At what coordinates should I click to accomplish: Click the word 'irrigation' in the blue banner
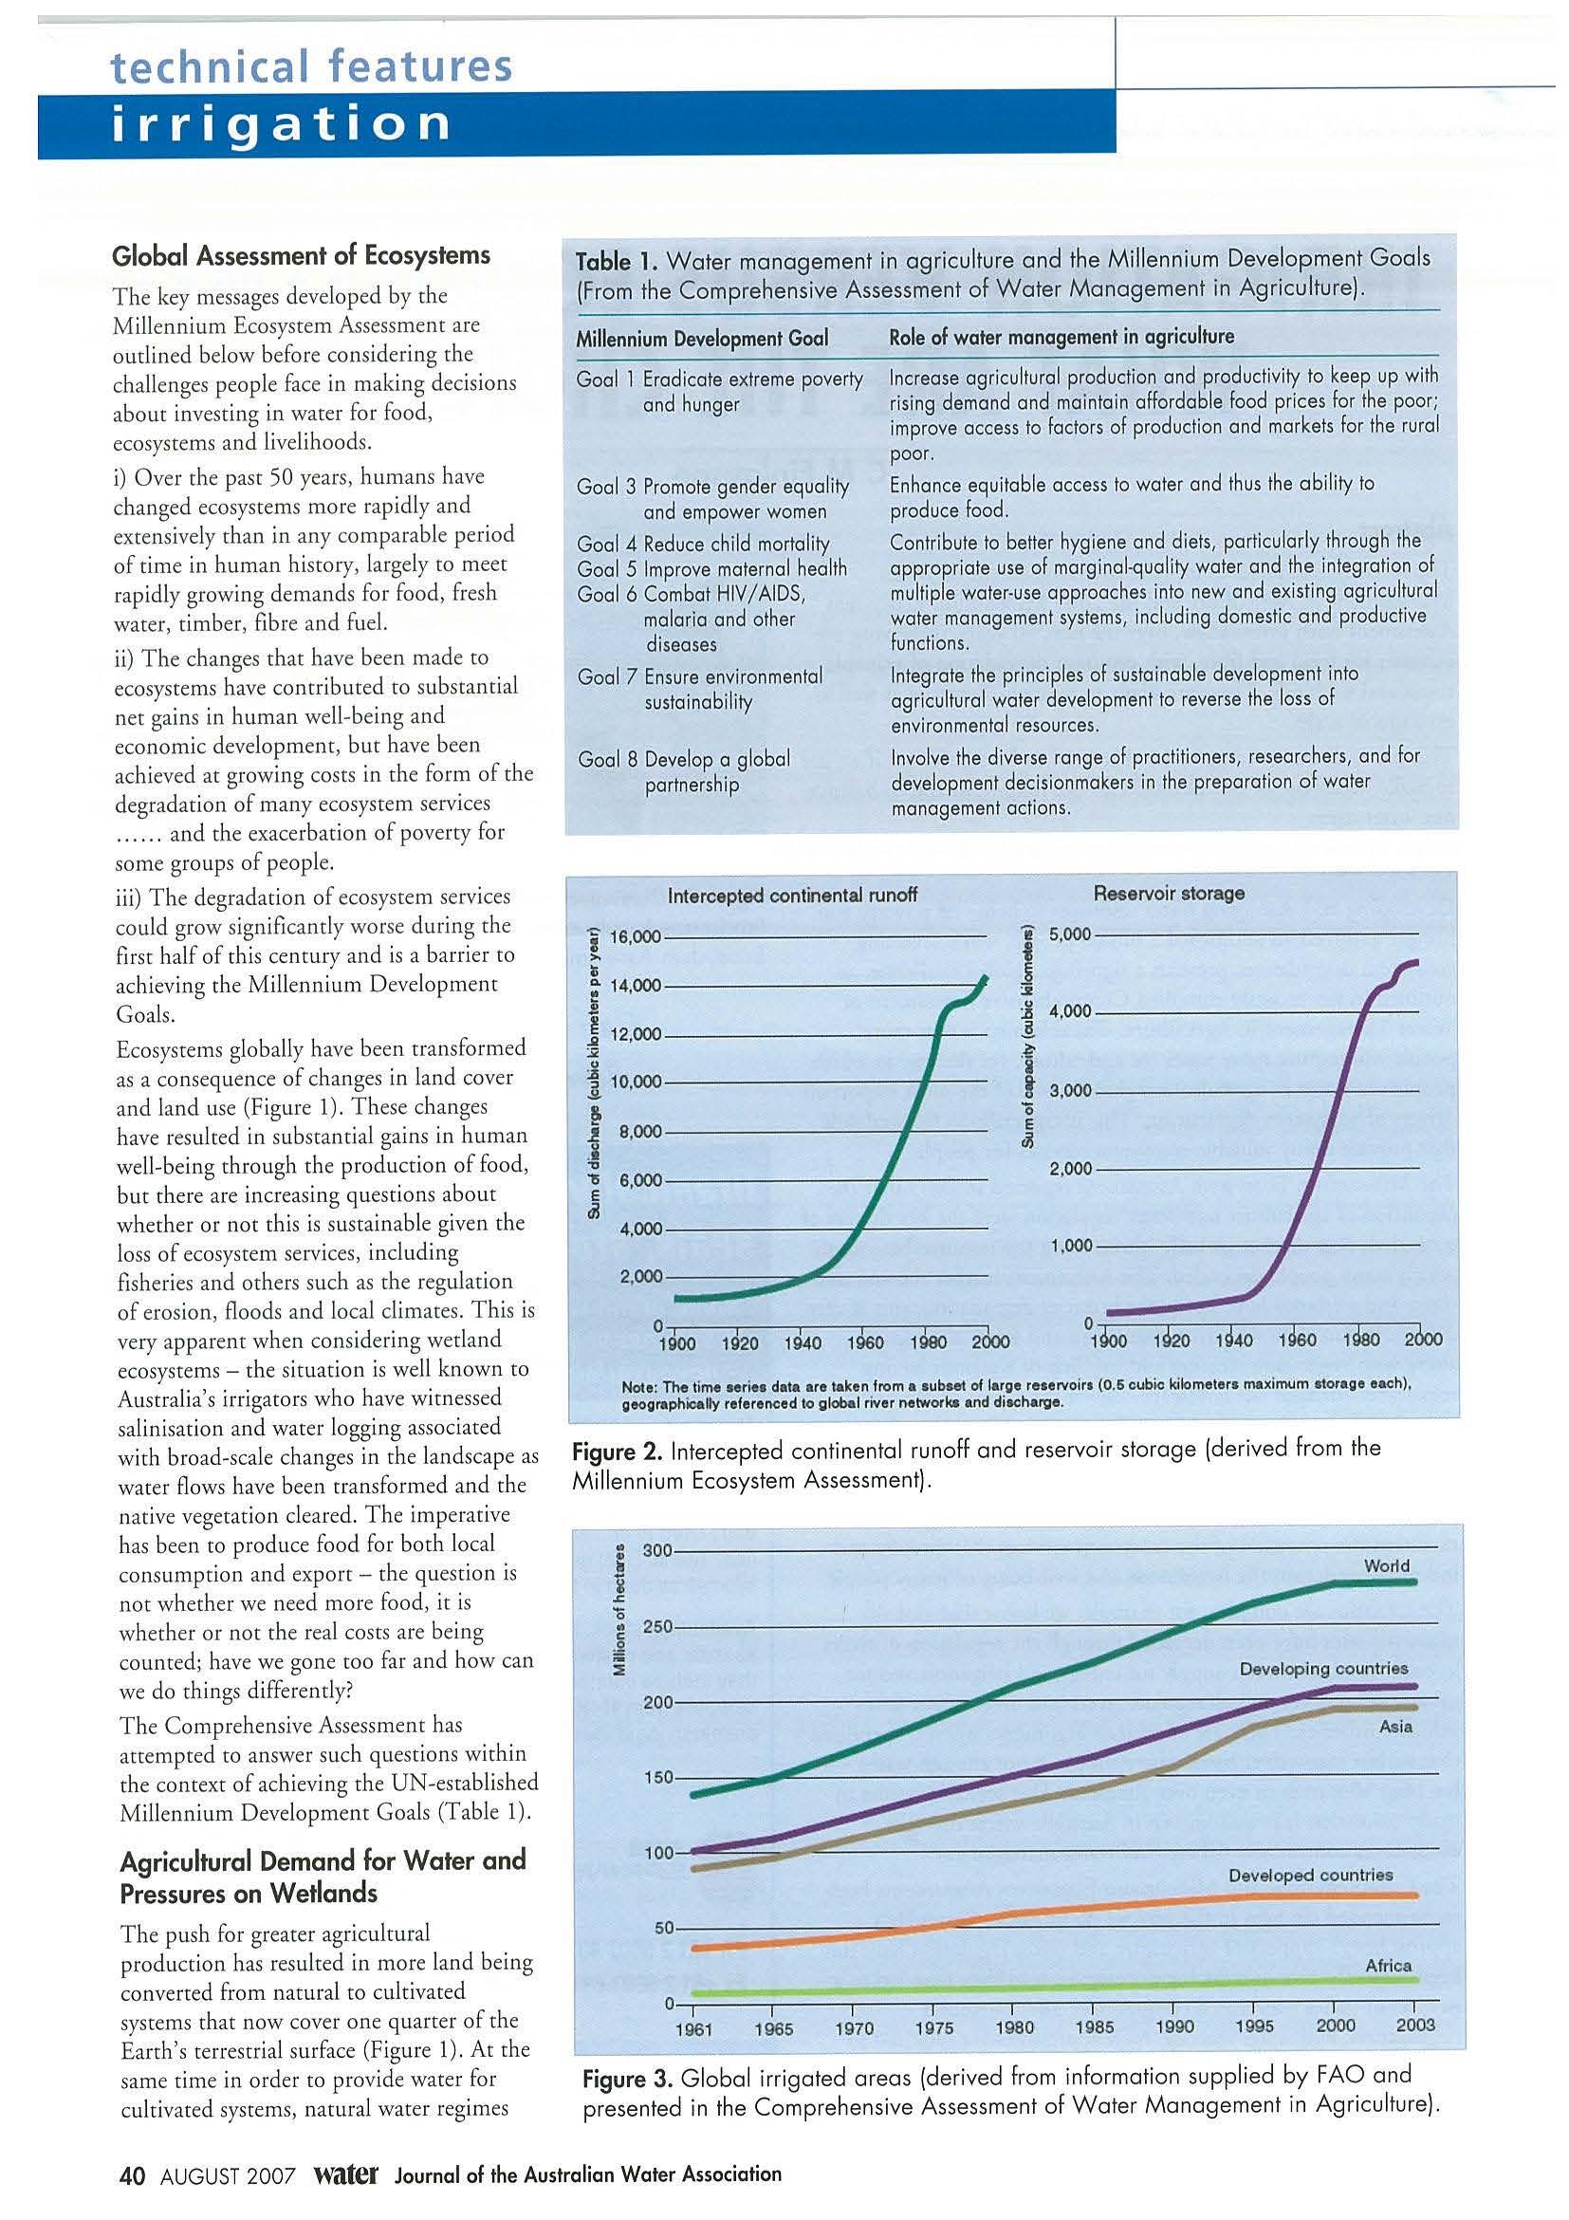(282, 124)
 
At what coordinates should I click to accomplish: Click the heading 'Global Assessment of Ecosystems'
(301, 255)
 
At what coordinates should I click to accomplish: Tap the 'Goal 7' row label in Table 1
(606, 675)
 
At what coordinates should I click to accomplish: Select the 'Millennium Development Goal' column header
(702, 339)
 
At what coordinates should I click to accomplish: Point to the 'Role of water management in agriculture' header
(1061, 337)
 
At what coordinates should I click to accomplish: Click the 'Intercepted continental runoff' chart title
(792, 896)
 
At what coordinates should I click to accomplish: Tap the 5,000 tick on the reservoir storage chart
(1070, 935)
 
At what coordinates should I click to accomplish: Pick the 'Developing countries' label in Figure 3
(1322, 1669)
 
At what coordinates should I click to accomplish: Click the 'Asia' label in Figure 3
(1395, 1726)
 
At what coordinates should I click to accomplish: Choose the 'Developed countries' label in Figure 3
(1310, 1875)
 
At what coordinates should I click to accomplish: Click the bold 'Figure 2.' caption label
(616, 1451)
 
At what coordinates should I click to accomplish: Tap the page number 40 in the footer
(132, 2175)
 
